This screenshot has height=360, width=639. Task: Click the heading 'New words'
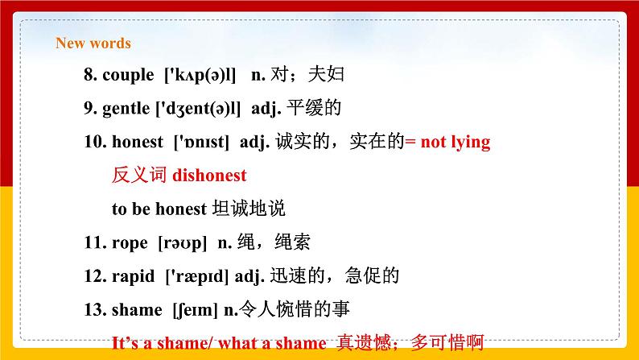(93, 43)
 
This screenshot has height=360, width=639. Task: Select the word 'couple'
(128, 75)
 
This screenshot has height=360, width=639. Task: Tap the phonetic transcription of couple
(200, 75)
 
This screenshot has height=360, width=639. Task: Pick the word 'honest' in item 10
(138, 142)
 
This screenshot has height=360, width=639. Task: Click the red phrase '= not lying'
(447, 142)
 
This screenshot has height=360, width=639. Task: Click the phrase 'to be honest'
(159, 208)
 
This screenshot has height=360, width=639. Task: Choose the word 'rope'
(131, 242)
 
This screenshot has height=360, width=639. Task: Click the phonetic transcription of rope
(183, 242)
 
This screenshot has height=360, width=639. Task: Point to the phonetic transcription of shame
(195, 308)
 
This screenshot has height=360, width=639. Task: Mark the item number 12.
(93, 275)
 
